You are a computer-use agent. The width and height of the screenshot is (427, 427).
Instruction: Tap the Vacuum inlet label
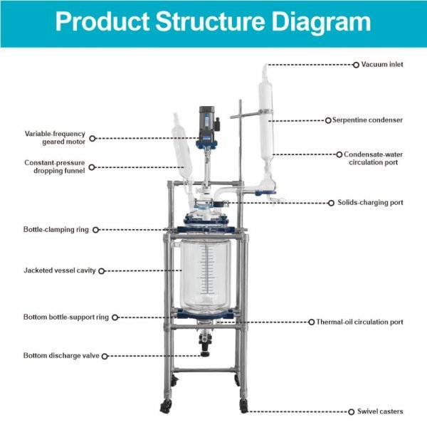(x=382, y=65)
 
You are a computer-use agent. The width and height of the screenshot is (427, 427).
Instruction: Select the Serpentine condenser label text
(x=367, y=120)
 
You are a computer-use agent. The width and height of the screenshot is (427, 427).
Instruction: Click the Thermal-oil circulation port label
(x=359, y=322)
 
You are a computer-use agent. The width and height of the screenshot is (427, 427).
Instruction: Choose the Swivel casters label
(x=379, y=411)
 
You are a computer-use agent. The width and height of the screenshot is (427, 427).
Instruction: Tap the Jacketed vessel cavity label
(x=60, y=270)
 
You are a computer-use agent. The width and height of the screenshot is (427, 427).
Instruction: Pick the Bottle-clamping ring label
(x=57, y=229)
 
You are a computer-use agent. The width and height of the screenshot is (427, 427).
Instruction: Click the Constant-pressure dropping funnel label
(x=55, y=167)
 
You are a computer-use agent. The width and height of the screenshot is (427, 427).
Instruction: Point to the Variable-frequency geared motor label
(x=55, y=137)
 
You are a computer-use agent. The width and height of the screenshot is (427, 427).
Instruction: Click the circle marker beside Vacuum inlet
(x=356, y=65)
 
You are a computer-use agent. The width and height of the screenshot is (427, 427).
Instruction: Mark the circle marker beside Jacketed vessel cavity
(x=102, y=270)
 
